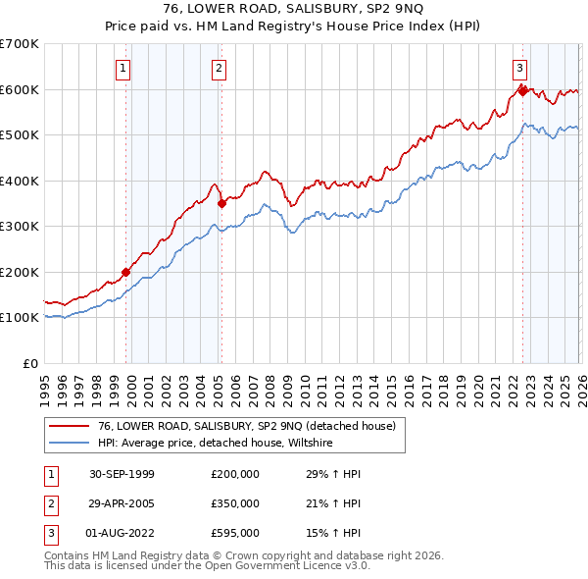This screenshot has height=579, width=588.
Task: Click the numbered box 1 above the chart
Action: pyautogui.click(x=123, y=68)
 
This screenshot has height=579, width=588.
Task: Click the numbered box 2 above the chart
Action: pyautogui.click(x=218, y=68)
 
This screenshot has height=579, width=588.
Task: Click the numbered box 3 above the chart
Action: pyautogui.click(x=519, y=68)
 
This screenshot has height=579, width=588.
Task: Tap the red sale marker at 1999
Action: pyautogui.click(x=126, y=272)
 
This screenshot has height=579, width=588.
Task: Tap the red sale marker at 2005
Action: pyautogui.click(x=222, y=203)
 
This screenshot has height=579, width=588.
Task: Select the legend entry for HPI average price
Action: pyautogui.click(x=216, y=443)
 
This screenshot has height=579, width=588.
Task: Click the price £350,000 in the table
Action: pyautogui.click(x=235, y=503)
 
